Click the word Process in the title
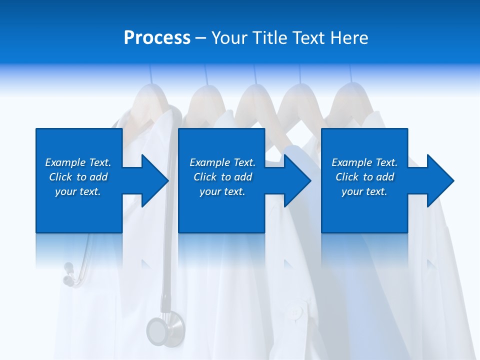pyautogui.click(x=157, y=38)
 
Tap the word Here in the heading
pyautogui.click(x=348, y=38)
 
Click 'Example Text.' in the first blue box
pyautogui.click(x=78, y=162)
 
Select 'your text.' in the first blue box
pyautogui.click(x=78, y=191)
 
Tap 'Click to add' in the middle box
pyautogui.click(x=222, y=177)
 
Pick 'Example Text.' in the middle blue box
pyautogui.click(x=222, y=162)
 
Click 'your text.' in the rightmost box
pyautogui.click(x=364, y=191)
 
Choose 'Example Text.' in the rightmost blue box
pyautogui.click(x=364, y=162)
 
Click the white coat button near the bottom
pyautogui.click(x=296, y=313)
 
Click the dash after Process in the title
pyautogui.click(x=200, y=38)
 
